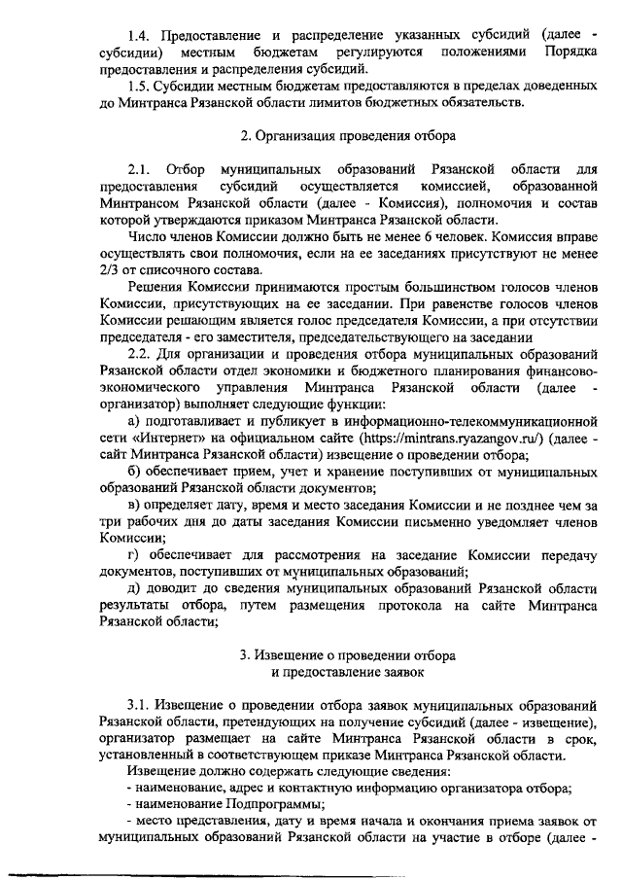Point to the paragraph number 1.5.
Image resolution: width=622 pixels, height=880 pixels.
(x=142, y=85)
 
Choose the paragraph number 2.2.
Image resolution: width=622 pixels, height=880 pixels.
(x=142, y=354)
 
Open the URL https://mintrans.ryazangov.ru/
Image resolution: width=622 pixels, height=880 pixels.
(x=446, y=438)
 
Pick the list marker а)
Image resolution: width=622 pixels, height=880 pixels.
(x=136, y=421)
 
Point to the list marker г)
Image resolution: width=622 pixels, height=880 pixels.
(x=135, y=555)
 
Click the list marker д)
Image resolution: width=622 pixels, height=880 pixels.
(x=136, y=589)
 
